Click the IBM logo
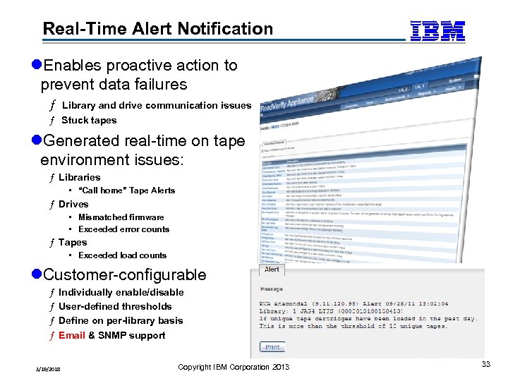point(437,30)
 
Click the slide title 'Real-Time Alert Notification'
point(157,29)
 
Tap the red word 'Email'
point(72,335)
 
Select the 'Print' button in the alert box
point(273,347)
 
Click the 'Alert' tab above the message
point(272,270)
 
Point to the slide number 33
point(485,364)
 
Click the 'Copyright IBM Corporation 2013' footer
point(234,367)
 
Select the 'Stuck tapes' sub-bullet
point(89,120)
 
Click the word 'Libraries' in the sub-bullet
point(79,177)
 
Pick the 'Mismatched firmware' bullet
point(121,217)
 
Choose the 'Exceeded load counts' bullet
point(122,255)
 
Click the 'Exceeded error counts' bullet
point(123,229)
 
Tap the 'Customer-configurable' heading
point(123,275)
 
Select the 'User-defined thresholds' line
point(115,306)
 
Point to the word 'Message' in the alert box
point(272,289)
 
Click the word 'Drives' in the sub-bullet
point(73,204)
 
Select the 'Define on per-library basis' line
point(121,320)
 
